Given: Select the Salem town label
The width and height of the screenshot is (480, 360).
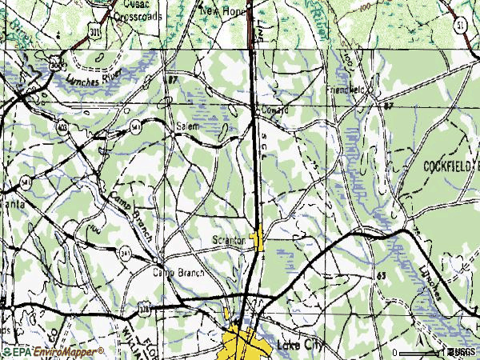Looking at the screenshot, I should coord(186,126).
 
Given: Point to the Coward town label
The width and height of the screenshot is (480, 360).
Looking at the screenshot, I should coord(273,110).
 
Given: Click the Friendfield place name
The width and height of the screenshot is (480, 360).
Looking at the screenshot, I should coord(346,90).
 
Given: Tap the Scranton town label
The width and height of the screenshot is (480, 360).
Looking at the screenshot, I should coord(229,240).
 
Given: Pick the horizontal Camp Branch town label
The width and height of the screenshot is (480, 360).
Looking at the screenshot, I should coord(178,273).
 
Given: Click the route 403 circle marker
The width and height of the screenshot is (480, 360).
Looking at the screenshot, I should coord(62,126).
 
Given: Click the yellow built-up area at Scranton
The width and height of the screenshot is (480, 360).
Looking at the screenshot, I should coord(258,238).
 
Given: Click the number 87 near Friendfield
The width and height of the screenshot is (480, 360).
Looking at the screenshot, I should coord(388,105).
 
